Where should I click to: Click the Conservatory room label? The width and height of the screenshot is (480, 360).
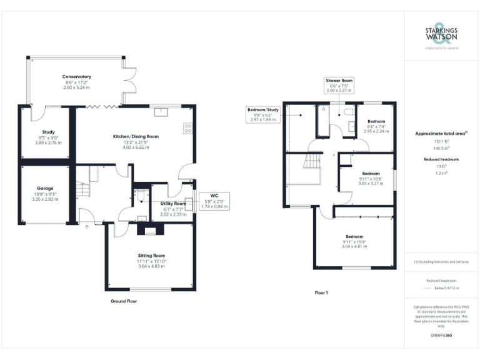tap(77, 76)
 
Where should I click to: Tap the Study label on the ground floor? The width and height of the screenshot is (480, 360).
tap(47, 132)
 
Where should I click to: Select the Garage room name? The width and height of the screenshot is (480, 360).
tap(45, 188)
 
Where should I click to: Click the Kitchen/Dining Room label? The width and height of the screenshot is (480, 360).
tap(136, 136)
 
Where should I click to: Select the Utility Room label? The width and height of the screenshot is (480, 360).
tap(173, 204)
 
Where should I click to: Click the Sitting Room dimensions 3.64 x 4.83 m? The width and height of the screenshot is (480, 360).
tap(151, 266)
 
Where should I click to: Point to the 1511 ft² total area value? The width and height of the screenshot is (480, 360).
tap(441, 142)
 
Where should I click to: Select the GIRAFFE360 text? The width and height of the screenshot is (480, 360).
tap(441, 336)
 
